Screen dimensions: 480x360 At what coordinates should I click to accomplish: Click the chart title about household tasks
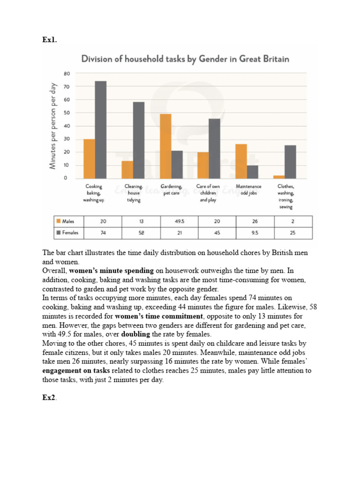click(186, 59)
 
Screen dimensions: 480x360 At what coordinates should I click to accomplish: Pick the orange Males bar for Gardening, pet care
click(165, 146)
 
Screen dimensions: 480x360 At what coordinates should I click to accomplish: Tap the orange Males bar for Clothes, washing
click(279, 177)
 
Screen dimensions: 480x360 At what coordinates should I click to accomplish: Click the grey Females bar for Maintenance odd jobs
click(253, 172)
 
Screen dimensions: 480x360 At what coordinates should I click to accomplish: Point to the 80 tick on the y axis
click(67, 74)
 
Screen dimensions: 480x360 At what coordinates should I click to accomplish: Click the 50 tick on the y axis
click(67, 113)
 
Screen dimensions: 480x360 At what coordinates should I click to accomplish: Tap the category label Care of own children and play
click(208, 193)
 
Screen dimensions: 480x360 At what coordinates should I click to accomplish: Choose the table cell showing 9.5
click(255, 232)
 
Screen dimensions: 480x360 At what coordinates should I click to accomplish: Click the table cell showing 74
click(103, 232)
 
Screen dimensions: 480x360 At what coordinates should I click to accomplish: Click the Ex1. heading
click(49, 40)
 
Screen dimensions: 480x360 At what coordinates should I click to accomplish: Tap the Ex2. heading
click(49, 397)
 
